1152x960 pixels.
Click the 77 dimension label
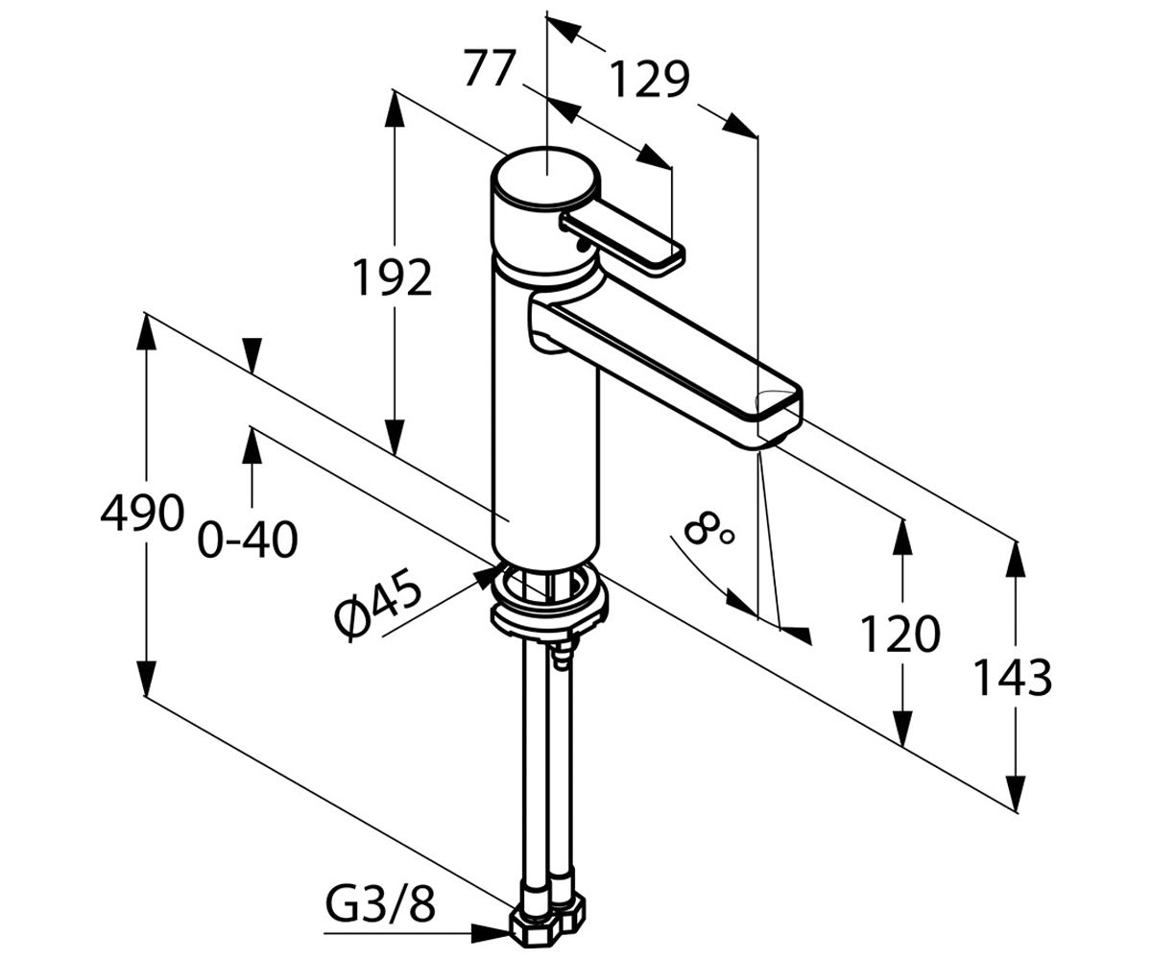(x=490, y=68)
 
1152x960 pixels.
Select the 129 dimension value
(x=650, y=80)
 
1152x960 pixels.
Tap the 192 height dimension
(x=393, y=277)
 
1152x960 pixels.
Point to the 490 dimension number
(x=142, y=513)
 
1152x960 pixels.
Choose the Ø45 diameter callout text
(x=378, y=605)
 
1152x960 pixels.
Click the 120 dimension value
(x=900, y=635)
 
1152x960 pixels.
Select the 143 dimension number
(x=1014, y=678)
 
